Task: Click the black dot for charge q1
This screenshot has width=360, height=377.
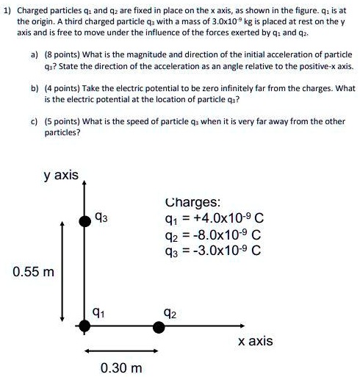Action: [x=85, y=326]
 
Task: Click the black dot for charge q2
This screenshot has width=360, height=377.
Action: [x=158, y=326]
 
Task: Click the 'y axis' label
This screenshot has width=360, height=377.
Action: [x=61, y=176]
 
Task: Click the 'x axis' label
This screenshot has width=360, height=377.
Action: [x=256, y=341]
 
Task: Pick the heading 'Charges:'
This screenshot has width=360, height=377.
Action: [x=192, y=202]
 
